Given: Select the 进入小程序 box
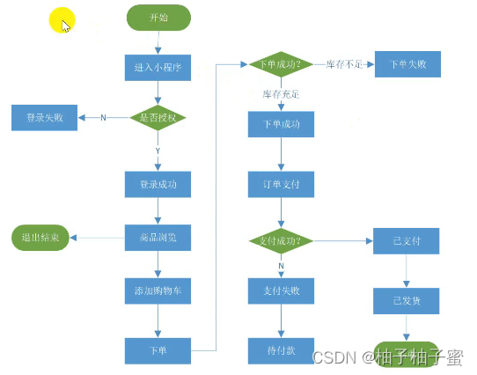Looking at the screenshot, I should coord(158,67).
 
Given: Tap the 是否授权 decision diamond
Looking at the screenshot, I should coord(158,116).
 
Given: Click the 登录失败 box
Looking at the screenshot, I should coord(44,116).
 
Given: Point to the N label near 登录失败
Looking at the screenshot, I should coord(103,117).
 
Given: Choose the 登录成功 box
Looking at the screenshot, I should coord(158,185).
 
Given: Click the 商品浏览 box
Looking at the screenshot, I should coord(158,237).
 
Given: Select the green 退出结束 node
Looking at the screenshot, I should coord(40,238).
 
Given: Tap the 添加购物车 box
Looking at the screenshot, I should coord(158,290).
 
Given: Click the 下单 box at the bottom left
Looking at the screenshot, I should coord(158,350).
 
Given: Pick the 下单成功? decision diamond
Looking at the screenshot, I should coord(282,64).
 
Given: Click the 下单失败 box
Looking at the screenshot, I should coord(407,64).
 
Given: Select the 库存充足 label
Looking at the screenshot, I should coord(282,93).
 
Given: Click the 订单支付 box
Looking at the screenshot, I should coord(282,185).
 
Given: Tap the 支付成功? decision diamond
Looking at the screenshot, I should coord(282,239).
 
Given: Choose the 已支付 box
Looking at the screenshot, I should coord(406,239).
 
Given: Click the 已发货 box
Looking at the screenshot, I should coord(406,300).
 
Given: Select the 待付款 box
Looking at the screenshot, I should coord(282,350).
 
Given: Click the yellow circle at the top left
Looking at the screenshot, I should coord(61,20).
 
